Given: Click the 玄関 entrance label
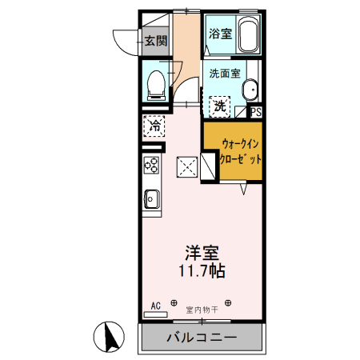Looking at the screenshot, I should tap(155, 41).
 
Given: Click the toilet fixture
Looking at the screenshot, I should tap(156, 82).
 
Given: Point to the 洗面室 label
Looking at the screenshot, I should tap(224, 73).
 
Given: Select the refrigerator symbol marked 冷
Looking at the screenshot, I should tap(155, 126).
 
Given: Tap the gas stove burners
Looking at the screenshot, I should tap(151, 166).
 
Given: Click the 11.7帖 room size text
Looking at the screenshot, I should tap(202, 271).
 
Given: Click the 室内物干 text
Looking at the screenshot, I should tap(201, 308).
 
